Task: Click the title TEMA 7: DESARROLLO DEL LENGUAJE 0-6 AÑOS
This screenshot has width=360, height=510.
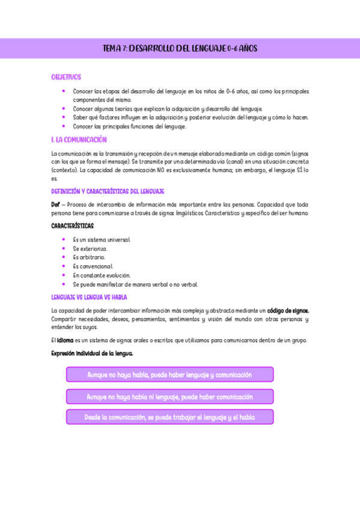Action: tap(180, 48)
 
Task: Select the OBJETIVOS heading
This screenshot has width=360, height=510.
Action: tap(66, 78)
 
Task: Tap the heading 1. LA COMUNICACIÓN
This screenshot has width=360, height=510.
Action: tap(79, 140)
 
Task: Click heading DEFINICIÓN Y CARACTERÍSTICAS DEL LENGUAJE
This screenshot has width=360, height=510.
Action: tap(108, 191)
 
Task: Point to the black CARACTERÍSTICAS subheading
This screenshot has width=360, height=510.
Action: tap(72, 226)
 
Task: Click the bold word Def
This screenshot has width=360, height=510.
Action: tap(55, 204)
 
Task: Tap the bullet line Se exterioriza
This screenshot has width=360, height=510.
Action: tap(90, 248)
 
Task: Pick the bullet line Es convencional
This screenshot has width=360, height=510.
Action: tap(93, 266)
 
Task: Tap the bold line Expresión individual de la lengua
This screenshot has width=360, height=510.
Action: tap(92, 353)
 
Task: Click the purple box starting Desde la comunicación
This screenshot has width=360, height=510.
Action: tap(169, 417)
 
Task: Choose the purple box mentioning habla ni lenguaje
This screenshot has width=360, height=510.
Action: tap(169, 397)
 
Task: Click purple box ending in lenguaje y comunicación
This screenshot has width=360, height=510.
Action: tap(169, 375)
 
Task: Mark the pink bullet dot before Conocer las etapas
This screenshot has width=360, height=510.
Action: tap(64, 91)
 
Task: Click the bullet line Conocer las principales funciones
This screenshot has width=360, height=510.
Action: tap(129, 127)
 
